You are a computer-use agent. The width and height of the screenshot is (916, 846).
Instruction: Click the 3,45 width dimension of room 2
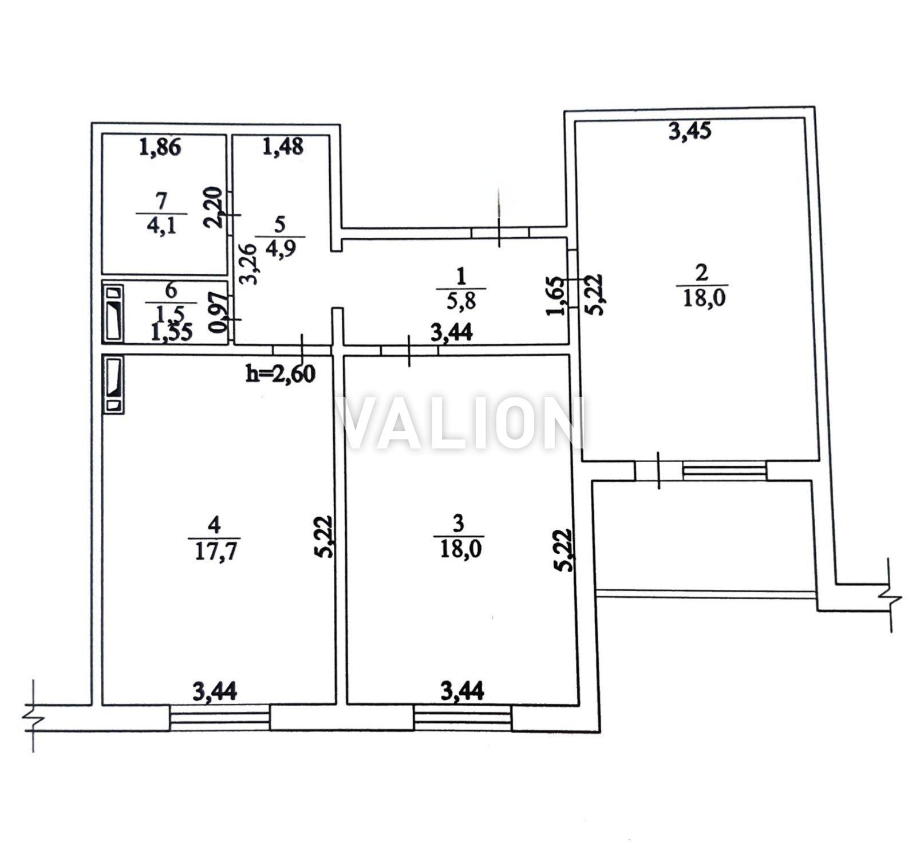pyautogui.click(x=690, y=131)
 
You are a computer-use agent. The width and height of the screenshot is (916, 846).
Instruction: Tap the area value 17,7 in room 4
pyautogui.click(x=214, y=551)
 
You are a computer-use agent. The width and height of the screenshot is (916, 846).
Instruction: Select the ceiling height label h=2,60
pyautogui.click(x=280, y=373)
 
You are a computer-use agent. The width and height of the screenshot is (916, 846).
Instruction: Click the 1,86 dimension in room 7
pyautogui.click(x=160, y=147)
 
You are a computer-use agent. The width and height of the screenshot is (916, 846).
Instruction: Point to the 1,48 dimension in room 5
pyautogui.click(x=282, y=147)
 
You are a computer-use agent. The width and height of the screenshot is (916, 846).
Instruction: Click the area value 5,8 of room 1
pyautogui.click(x=461, y=300)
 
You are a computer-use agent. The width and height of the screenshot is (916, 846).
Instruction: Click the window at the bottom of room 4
pyautogui.click(x=220, y=717)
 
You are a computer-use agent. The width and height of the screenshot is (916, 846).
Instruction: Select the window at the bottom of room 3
pyautogui.click(x=463, y=717)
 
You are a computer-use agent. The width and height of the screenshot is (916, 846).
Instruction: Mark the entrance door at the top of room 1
pyautogui.click(x=500, y=231)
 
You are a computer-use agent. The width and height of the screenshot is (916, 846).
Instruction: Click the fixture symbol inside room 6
pyautogui.click(x=113, y=313)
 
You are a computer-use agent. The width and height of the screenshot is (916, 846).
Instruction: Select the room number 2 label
pyautogui.click(x=701, y=273)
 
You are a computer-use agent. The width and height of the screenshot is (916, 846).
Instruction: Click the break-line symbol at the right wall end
pyautogui.click(x=890, y=596)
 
